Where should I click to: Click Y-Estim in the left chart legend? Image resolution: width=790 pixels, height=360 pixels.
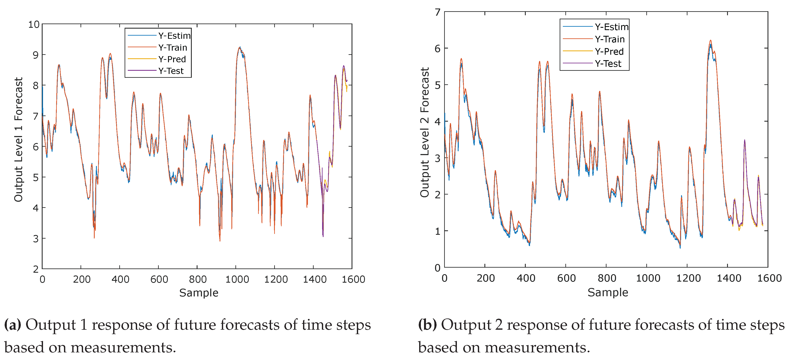(x=174, y=36)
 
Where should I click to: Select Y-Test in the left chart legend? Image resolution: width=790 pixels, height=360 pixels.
(x=171, y=71)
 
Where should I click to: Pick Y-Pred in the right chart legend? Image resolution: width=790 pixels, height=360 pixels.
(x=609, y=51)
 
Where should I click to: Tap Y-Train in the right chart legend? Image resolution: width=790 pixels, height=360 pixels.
(x=610, y=39)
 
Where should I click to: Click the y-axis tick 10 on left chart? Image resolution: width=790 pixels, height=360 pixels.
(x=34, y=25)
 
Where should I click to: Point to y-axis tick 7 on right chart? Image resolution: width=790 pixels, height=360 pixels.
(x=438, y=13)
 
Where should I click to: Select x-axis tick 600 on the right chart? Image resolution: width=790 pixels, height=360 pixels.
(x=566, y=278)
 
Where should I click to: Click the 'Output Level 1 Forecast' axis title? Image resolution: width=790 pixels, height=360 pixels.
(x=19, y=139)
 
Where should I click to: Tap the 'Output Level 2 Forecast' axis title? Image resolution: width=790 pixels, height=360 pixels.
(x=425, y=132)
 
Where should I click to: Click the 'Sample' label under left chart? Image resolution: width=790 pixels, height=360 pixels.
(x=199, y=293)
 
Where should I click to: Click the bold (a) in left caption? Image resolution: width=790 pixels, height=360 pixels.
(x=13, y=325)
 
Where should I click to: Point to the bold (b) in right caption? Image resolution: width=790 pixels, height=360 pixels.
(x=427, y=325)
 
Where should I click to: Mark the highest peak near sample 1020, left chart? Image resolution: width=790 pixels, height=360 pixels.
(x=239, y=47)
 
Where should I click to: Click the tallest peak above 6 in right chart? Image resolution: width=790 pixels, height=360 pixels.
(x=710, y=40)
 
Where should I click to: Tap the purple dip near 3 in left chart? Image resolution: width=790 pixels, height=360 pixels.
(x=323, y=235)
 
